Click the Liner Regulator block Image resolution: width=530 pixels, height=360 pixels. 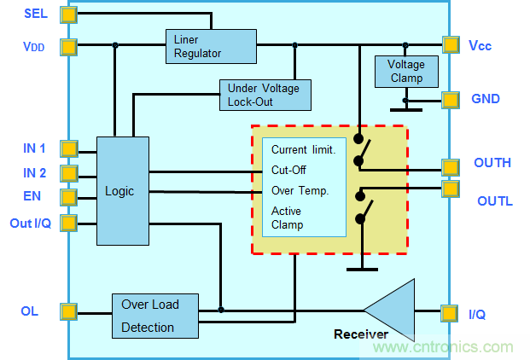coord(210,46)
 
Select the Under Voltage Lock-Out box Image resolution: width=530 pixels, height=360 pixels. coord(264,95)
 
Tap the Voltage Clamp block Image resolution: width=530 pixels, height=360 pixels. coord(405,71)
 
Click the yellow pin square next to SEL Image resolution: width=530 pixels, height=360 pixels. coord(68,15)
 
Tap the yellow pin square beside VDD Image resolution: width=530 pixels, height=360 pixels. coord(68,46)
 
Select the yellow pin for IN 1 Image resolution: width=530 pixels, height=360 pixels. coord(68,149)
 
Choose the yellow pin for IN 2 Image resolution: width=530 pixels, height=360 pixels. coord(68,173)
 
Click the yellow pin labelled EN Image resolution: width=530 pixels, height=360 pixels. coord(68,198)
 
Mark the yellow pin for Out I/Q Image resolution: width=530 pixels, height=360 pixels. coord(68,224)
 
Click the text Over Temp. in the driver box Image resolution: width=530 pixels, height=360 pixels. coord(300,190)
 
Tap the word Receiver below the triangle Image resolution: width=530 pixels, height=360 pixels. coord(361,334)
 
